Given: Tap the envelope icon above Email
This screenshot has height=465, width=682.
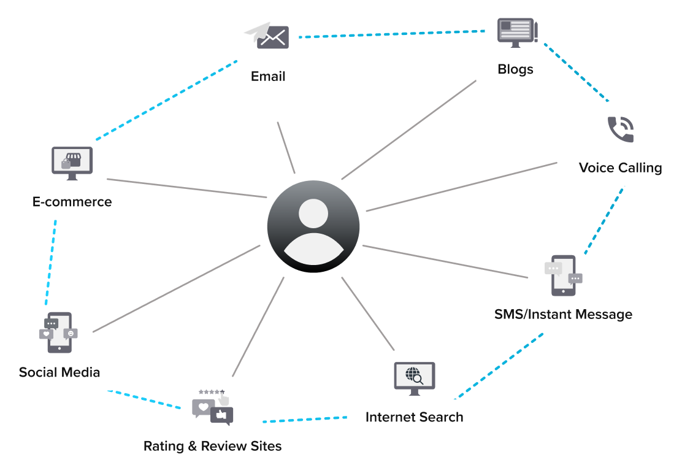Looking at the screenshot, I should point(268,37).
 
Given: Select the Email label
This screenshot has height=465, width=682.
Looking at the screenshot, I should point(269,77).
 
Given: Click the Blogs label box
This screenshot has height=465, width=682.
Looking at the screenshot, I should point(516,69).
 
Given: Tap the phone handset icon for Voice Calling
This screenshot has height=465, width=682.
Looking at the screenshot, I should point(620,129).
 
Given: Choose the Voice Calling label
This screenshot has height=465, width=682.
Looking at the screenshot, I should point(620,168).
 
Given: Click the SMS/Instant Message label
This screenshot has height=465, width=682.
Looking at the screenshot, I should point(563,315).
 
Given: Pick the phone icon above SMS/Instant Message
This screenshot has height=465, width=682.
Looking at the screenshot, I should point(562,276).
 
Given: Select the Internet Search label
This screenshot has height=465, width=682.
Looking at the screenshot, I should point(414,417).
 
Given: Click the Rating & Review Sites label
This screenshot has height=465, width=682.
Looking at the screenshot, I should point(212,446).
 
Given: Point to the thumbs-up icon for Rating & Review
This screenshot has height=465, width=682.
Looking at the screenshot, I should point(221,416).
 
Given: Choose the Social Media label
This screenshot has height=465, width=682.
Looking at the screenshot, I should point(59,372).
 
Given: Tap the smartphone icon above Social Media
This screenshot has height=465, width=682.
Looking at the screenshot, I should point(59,332).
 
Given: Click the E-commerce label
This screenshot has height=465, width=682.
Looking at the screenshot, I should point(72,202).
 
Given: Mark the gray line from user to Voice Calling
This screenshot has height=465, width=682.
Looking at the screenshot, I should point(460,187).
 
